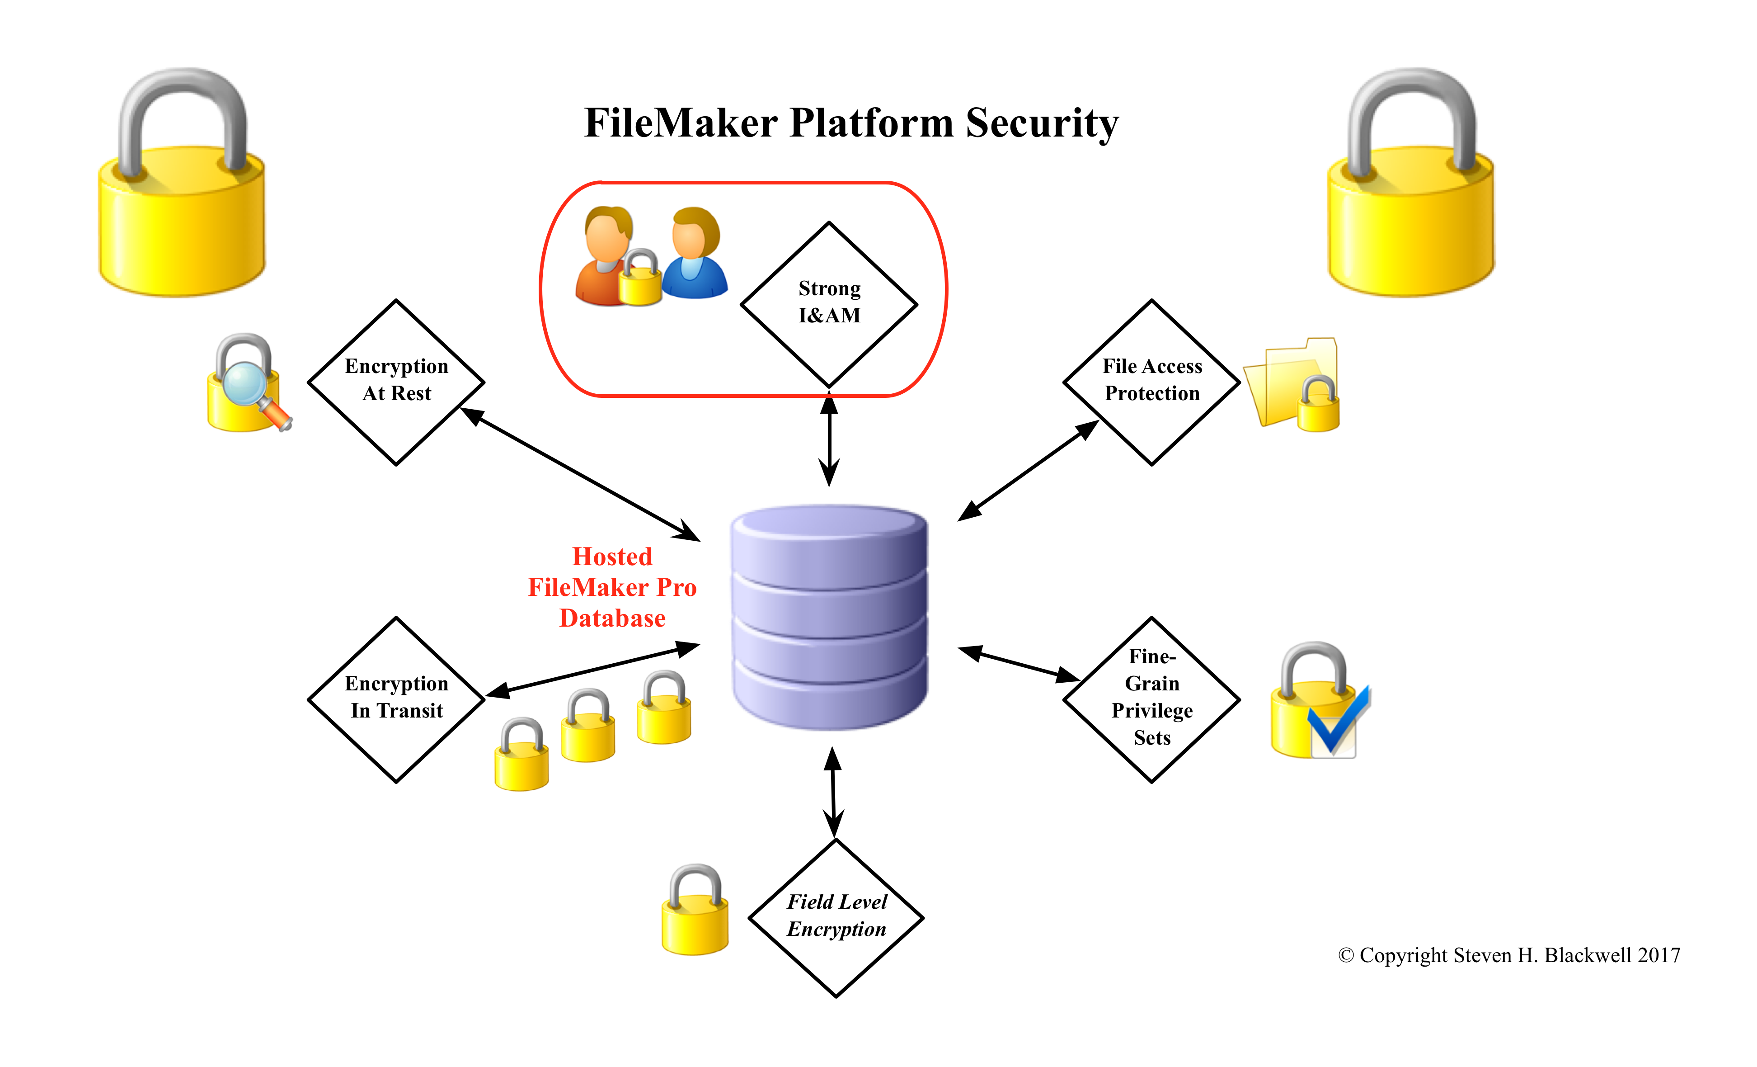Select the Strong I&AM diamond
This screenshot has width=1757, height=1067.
[829, 305]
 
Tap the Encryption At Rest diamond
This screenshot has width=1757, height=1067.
[396, 382]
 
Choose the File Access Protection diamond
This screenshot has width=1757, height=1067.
[1151, 382]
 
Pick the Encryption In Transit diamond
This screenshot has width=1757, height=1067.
[396, 700]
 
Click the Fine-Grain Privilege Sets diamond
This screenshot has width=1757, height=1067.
[1151, 700]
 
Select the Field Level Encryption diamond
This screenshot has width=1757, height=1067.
[836, 918]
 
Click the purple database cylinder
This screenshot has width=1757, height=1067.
[829, 617]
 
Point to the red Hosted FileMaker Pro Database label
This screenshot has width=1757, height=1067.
[612, 587]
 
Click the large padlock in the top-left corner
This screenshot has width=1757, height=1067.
[182, 183]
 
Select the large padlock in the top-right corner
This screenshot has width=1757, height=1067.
[1410, 183]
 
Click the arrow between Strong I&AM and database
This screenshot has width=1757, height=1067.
[829, 439]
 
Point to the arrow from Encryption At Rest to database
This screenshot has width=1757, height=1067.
[580, 474]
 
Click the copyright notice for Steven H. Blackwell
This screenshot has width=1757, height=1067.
[1509, 955]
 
